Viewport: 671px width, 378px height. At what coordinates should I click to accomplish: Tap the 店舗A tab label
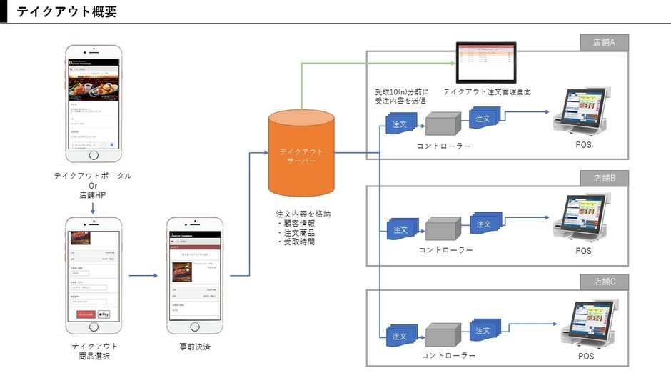604,43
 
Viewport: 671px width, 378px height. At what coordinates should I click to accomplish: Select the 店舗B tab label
604,178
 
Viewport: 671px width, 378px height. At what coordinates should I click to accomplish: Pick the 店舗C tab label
604,282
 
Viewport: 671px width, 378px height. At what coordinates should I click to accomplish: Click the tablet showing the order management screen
486,64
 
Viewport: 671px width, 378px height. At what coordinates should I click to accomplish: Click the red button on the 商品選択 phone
86,314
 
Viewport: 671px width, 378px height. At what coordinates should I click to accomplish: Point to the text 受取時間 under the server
299,242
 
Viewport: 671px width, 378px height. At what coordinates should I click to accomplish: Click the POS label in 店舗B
584,251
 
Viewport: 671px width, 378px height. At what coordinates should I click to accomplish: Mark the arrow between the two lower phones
143,275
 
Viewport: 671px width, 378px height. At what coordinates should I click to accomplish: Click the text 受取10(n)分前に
400,91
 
